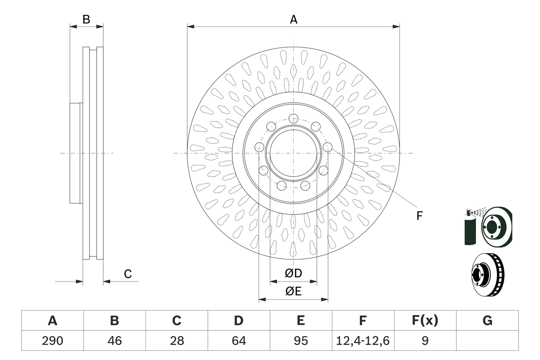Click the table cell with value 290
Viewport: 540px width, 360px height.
coord(52,341)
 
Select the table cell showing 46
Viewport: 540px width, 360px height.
coord(114,341)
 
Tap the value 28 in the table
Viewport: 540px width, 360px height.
coord(176,341)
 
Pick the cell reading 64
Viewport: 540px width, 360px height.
coord(238,341)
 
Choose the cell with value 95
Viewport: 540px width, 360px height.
coord(300,341)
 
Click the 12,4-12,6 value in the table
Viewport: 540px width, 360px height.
coord(363,341)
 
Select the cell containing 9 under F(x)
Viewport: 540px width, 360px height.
coord(425,341)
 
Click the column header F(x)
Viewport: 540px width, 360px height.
coord(425,321)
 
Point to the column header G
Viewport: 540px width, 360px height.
coord(487,321)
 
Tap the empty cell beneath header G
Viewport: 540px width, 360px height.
coord(487,341)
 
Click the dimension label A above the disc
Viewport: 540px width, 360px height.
coord(294,19)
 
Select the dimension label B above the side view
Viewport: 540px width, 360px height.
coord(86,19)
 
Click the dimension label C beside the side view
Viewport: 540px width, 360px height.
coord(128,274)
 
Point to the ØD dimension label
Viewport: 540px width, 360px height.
coord(294,273)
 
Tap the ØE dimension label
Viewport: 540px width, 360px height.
coord(294,292)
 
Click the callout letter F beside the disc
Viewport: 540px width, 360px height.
coord(419,216)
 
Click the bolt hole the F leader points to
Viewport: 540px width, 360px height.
coord(327,147)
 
